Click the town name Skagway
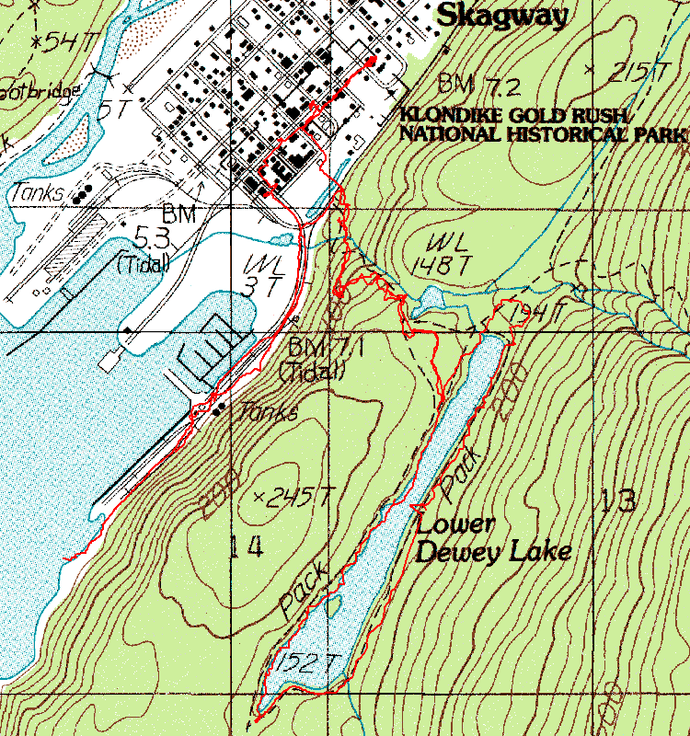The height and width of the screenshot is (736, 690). coord(501,14)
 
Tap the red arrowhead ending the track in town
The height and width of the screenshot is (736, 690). coord(371,61)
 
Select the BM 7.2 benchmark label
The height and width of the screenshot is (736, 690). coord(479,86)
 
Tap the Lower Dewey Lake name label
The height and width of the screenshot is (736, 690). coord(491,538)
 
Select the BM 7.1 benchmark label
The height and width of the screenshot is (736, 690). coord(315,359)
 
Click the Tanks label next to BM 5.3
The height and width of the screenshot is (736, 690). coord(38,193)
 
